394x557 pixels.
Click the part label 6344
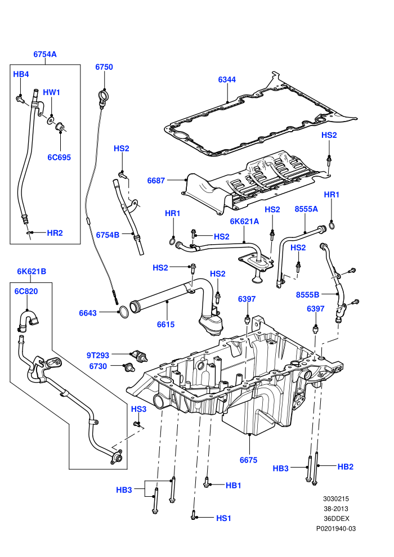pyautogui.click(x=227, y=79)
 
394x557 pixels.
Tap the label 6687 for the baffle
pyautogui.click(x=156, y=181)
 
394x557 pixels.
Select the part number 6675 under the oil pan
pyautogui.click(x=248, y=460)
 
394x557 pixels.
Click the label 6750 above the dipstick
pyautogui.click(x=104, y=67)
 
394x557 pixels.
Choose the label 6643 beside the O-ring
pyautogui.click(x=88, y=313)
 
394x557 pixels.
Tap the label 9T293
pyautogui.click(x=98, y=355)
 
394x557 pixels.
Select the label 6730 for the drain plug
pyautogui.click(x=98, y=366)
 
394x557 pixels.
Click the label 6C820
pyautogui.click(x=26, y=291)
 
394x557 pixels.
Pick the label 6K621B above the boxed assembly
pyautogui.click(x=32, y=271)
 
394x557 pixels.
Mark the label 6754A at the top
pyautogui.click(x=45, y=55)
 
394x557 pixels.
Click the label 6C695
pyautogui.click(x=59, y=158)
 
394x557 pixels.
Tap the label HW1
pyautogui.click(x=52, y=92)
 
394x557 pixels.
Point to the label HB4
pyautogui.click(x=21, y=74)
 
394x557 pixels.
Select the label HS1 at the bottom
pyautogui.click(x=224, y=518)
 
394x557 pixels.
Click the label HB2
pyautogui.click(x=346, y=467)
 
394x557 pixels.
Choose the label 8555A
pyautogui.click(x=306, y=209)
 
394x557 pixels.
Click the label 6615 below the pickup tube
pyautogui.click(x=166, y=324)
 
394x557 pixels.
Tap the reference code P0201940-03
pyautogui.click(x=336, y=528)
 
